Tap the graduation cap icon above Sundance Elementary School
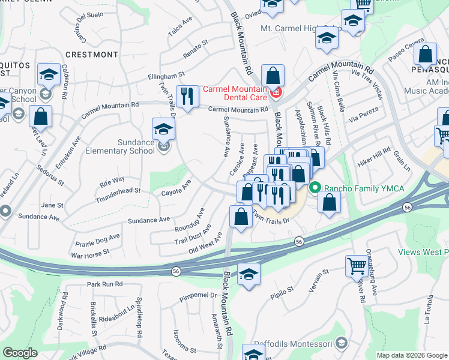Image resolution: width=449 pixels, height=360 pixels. [x=163, y=128]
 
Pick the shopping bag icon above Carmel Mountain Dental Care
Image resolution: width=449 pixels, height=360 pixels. [x=273, y=76]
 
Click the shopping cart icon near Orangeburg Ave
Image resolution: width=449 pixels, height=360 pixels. [x=357, y=265]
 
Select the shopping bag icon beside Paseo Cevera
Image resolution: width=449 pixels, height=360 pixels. [x=425, y=54]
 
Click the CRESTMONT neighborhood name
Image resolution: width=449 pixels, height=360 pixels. [x=92, y=55]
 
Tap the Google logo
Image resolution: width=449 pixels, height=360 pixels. [x=20, y=353]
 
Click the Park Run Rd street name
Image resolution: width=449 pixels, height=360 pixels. [x=104, y=284]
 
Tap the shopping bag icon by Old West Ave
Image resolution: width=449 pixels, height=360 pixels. [x=241, y=217]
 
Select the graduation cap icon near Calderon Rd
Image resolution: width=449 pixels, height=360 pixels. [x=48, y=74]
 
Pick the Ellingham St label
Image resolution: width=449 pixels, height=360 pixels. [x=166, y=77]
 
